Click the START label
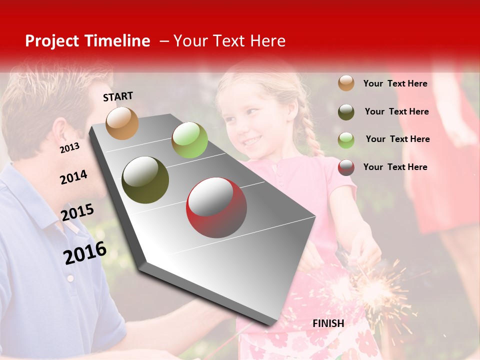click(x=118, y=96)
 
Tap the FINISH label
click(x=328, y=323)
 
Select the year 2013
click(x=69, y=148)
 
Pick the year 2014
click(x=73, y=177)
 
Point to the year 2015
click(x=77, y=212)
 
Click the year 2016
click(x=85, y=252)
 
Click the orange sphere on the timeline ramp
click(x=122, y=123)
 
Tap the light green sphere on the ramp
click(x=189, y=140)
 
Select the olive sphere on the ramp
click(x=145, y=180)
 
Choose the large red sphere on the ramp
click(x=216, y=207)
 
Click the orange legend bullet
click(x=346, y=83)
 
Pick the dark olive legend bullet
click(x=346, y=111)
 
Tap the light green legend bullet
click(x=346, y=139)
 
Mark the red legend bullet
click(x=346, y=167)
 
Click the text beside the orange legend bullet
click(x=395, y=83)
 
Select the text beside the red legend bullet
click(x=395, y=167)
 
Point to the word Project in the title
click(x=52, y=41)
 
